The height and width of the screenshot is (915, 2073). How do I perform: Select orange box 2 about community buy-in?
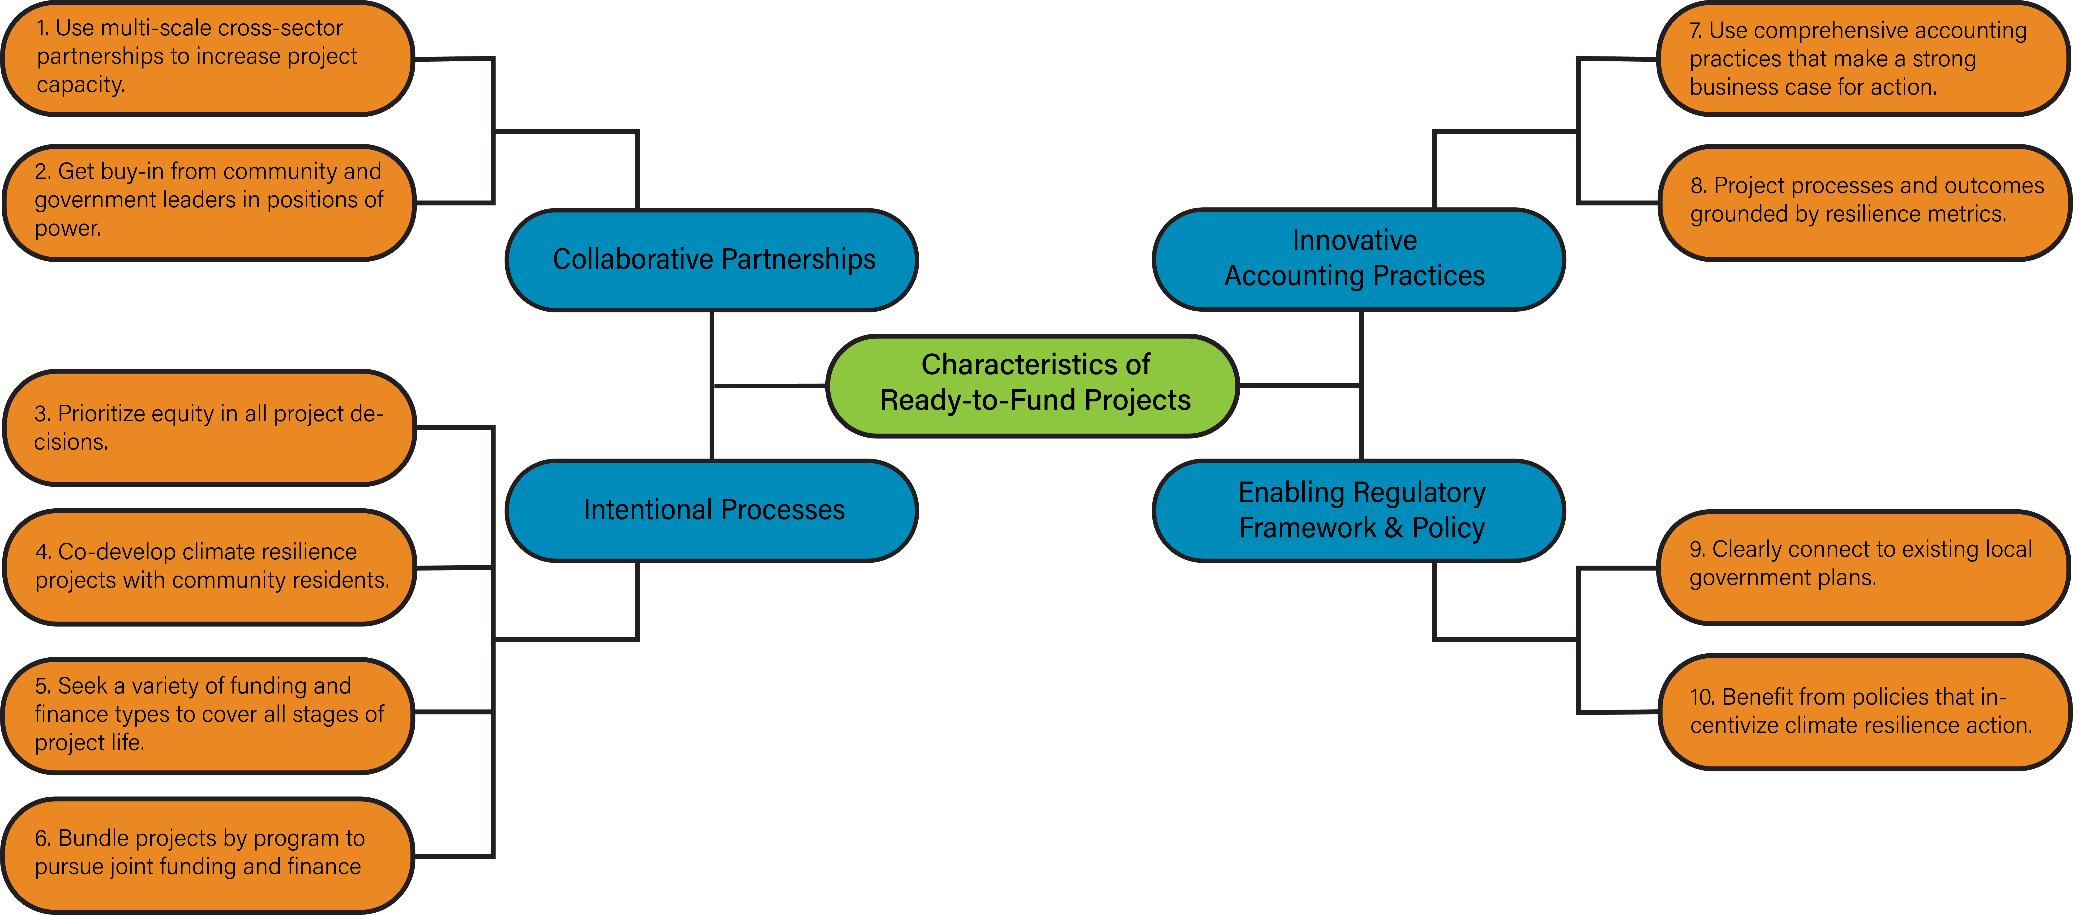(209, 203)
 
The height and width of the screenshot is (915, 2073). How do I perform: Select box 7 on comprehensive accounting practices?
(1864, 59)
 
